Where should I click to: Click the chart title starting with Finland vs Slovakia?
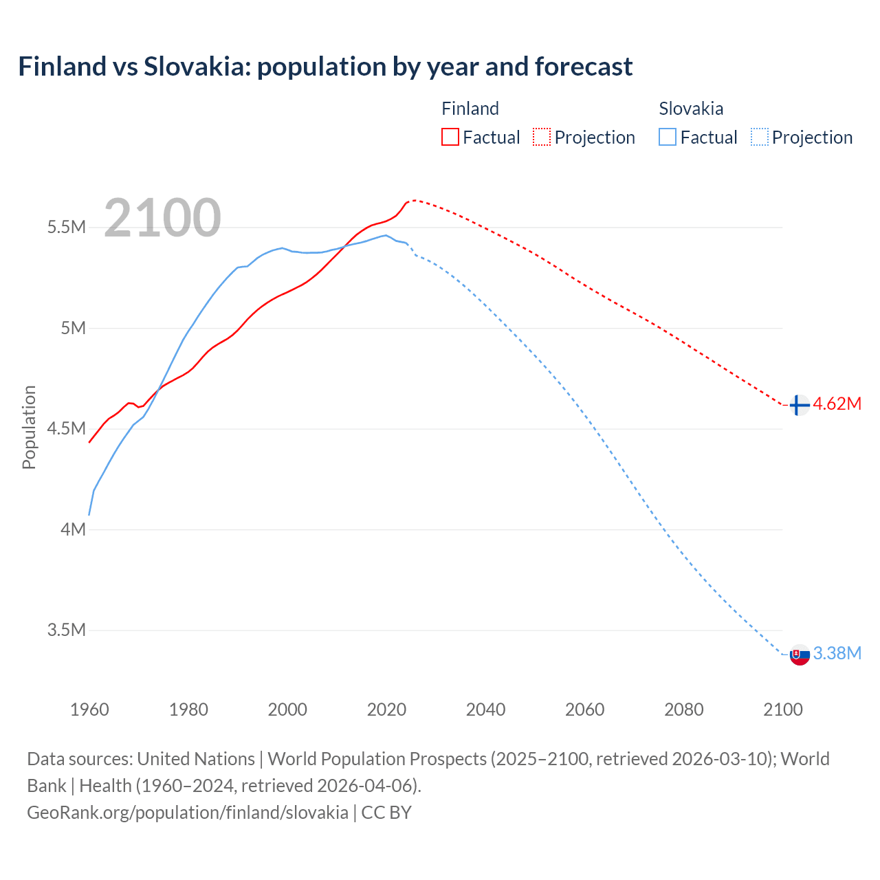[x=325, y=67]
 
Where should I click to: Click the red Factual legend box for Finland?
[x=450, y=137]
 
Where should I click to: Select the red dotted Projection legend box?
[x=542, y=137]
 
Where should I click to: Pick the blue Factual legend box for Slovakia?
[x=667, y=137]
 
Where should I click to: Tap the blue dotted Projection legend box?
[x=759, y=137]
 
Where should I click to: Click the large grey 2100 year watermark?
[x=162, y=218]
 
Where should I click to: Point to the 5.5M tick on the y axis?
[x=66, y=228]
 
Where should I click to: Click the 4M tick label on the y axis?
[x=73, y=529]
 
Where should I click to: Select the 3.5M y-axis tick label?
[x=66, y=630]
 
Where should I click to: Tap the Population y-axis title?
[x=29, y=427]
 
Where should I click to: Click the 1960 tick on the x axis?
[x=89, y=709]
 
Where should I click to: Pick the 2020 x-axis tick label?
[x=386, y=709]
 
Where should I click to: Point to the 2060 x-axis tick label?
[x=584, y=709]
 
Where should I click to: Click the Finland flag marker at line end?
[x=798, y=406]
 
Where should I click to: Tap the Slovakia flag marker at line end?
[x=799, y=655]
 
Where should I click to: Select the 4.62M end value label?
[x=837, y=404]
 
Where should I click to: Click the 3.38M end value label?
[x=837, y=654]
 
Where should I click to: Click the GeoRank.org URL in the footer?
[x=188, y=813]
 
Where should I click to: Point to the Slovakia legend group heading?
[x=691, y=109]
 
